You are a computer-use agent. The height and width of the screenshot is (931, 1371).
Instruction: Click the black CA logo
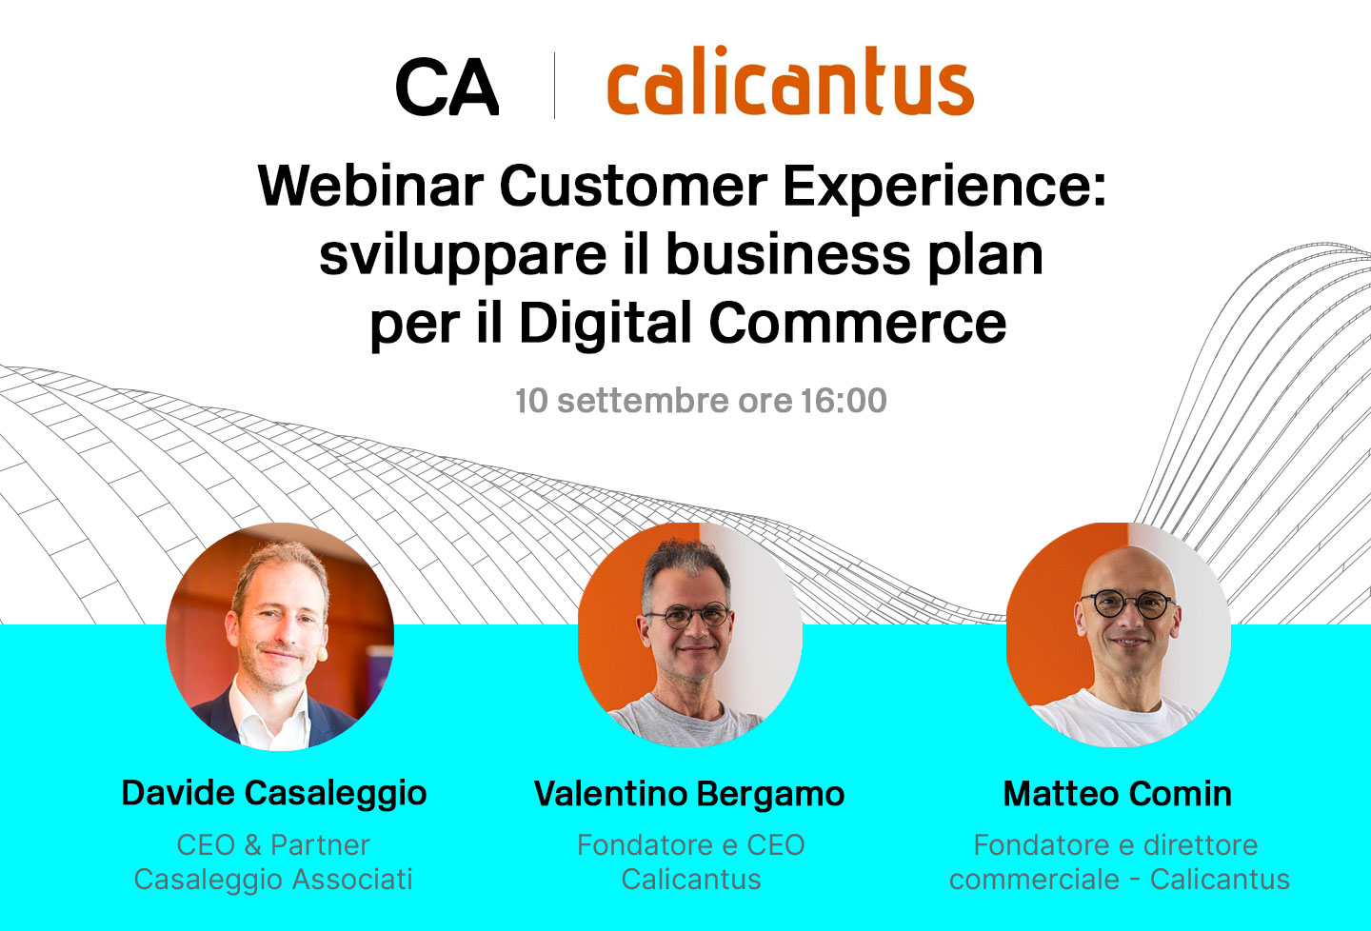[x=447, y=88]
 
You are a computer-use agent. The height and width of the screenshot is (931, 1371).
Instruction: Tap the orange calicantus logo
[x=789, y=84]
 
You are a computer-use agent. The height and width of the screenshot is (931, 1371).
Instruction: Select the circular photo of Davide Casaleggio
[x=280, y=636]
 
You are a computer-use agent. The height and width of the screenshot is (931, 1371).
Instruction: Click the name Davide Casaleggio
[x=274, y=793]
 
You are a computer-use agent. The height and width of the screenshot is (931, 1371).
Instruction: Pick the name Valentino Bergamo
[x=689, y=794]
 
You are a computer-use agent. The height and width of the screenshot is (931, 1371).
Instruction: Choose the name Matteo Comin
[x=1118, y=794]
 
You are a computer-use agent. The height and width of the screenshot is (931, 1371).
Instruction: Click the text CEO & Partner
[x=273, y=844]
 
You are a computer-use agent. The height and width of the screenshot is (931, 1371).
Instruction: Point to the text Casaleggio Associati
[x=273, y=879]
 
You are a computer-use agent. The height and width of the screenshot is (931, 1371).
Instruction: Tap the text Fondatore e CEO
[x=691, y=844]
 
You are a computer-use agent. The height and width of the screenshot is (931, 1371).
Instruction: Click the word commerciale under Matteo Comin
[x=1034, y=879]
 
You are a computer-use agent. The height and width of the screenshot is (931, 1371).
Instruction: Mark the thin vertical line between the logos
[x=554, y=86]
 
